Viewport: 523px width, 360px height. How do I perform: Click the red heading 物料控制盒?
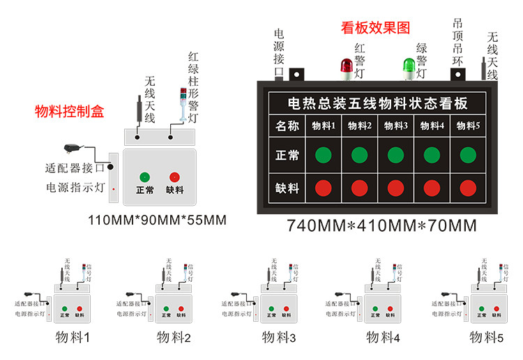(x=69, y=111)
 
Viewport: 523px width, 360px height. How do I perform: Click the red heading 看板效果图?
(x=375, y=28)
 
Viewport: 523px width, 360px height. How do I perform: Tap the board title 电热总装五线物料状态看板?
(x=378, y=103)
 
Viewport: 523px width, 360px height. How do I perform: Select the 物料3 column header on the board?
(x=396, y=126)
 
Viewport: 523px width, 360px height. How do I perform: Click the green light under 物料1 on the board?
(x=323, y=155)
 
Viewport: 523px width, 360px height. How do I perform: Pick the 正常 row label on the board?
(x=287, y=155)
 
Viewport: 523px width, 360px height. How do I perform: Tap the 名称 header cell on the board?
(x=287, y=126)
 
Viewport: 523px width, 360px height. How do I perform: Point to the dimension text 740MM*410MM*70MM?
(x=381, y=226)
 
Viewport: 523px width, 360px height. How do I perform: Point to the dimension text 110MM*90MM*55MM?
(x=157, y=220)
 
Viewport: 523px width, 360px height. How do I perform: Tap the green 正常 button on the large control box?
(x=145, y=177)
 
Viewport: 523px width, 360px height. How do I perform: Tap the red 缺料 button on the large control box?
(x=174, y=177)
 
